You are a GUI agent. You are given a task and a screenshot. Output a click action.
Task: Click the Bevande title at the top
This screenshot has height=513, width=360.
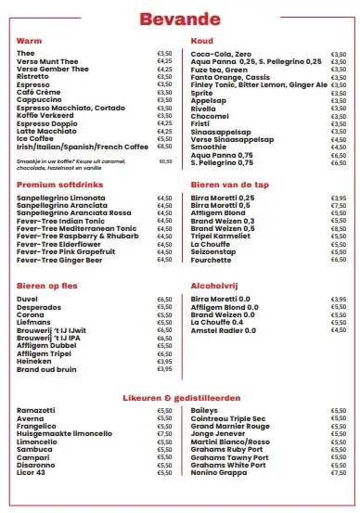pos(180,19)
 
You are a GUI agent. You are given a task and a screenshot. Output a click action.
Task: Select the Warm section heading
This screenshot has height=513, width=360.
pos(29,41)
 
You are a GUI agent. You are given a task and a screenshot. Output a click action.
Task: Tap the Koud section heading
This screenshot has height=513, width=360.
pos(201,41)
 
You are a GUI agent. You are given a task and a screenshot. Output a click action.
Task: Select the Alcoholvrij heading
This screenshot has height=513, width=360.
pos(216,286)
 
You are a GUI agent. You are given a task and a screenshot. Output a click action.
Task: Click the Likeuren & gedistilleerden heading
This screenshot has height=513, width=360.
pos(180,396)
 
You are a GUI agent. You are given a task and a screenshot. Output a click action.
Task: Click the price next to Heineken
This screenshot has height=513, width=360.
pos(165,361)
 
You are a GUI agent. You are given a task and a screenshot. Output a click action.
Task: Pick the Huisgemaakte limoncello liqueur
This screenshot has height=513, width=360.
pos(63,432)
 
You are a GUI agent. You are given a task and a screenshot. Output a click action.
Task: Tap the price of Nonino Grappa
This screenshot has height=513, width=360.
pos(339,472)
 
